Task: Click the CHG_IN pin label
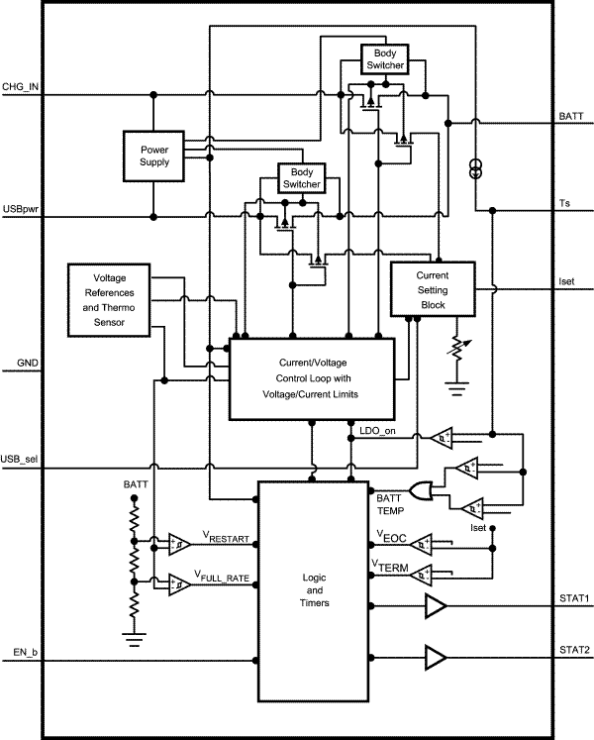[23, 87]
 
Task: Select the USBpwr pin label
[22, 209]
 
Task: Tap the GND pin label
[17, 364]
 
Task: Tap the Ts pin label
[564, 202]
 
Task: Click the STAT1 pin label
[573, 597]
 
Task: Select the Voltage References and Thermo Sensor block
[109, 299]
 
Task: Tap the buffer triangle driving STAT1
[435, 605]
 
